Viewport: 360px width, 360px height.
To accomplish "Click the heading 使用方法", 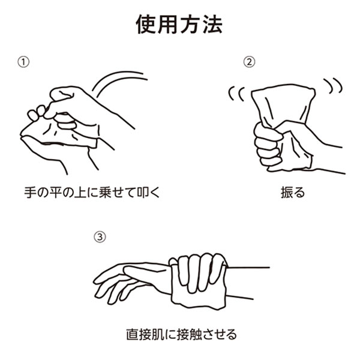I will [179, 25].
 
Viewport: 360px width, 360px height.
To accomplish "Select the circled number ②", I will [248, 62].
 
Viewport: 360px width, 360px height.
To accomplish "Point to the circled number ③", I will [101, 236].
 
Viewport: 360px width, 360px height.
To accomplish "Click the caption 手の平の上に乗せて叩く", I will [90, 193].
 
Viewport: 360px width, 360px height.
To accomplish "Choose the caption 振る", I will [292, 193].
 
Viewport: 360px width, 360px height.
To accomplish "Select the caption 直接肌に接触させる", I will [181, 333].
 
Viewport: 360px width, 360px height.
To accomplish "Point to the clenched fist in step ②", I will [267, 144].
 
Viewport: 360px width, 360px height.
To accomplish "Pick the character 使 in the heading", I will [147, 25].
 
